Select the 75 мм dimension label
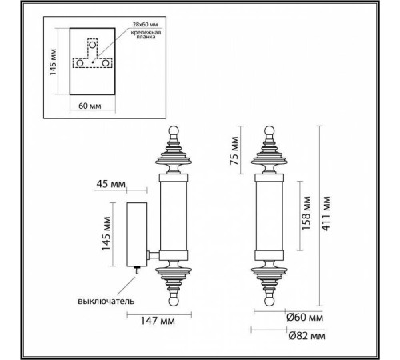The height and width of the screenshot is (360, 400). [x=234, y=150]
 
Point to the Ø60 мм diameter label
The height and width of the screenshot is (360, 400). [x=304, y=317]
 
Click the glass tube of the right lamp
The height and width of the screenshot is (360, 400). [x=269, y=216]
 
